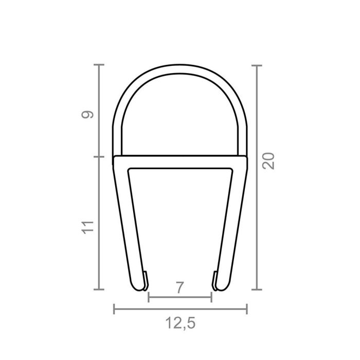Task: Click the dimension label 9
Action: [x=88, y=115]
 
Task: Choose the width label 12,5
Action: [x=179, y=323]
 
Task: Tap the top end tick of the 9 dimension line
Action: [x=99, y=65]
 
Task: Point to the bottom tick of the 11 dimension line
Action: [x=99, y=290]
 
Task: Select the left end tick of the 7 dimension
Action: [x=148, y=297]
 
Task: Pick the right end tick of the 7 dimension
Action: [x=211, y=297]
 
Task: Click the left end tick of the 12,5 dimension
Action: [x=114, y=309]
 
